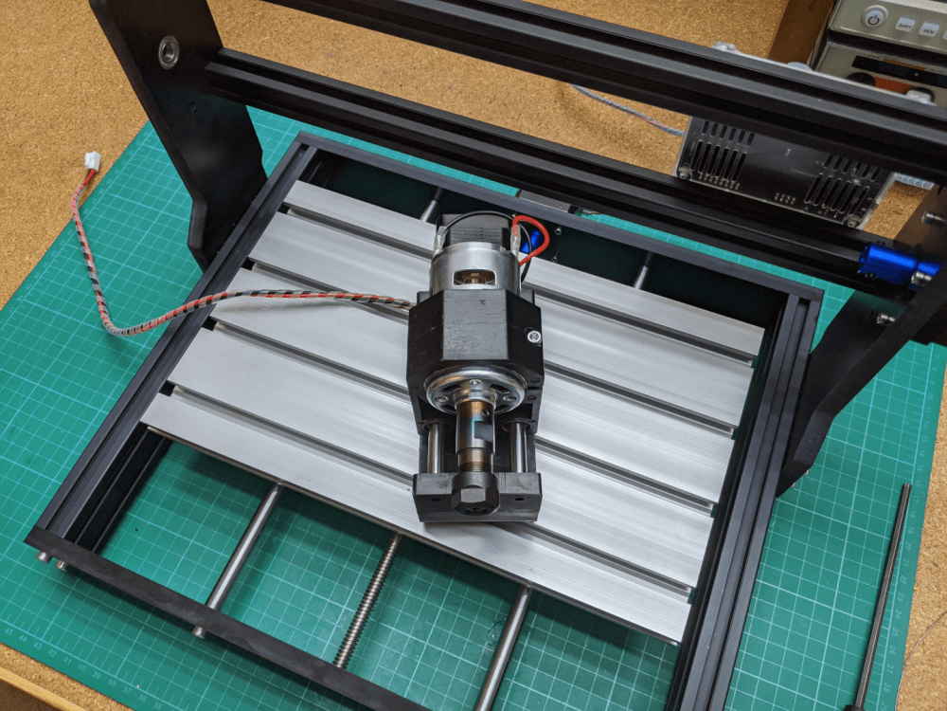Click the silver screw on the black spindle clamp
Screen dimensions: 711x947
click(534, 334)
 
